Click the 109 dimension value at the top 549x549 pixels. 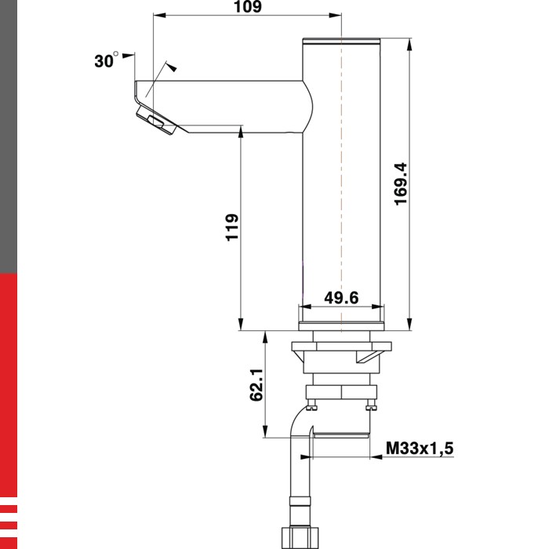(248, 7)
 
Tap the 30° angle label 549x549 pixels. (106, 61)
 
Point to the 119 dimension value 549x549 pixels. (231, 227)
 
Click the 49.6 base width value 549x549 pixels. (341, 297)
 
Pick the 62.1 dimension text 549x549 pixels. (256, 387)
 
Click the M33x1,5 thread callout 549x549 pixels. (420, 449)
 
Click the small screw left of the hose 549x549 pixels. (313, 405)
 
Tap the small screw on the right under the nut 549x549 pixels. (372, 405)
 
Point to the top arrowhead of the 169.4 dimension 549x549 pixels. (409, 44)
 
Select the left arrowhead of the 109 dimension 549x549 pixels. (158, 16)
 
